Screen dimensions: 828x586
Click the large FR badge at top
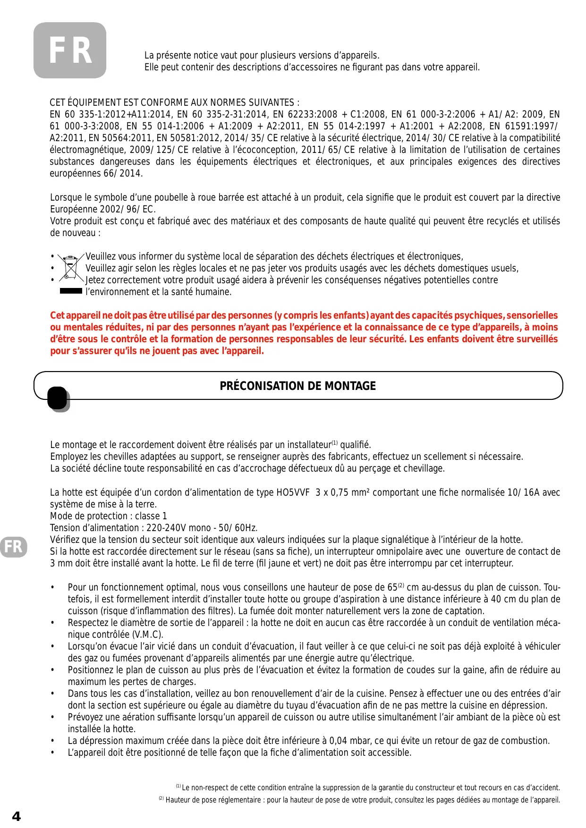[70, 51]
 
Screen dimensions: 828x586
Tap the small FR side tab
[13, 547]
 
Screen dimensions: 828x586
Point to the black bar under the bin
[71, 291]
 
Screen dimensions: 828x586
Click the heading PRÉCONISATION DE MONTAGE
[297, 386]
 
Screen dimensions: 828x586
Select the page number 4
[17, 816]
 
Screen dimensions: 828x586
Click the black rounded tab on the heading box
[58, 398]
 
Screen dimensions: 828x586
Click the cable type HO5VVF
[293, 492]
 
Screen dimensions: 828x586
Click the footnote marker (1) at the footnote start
[178, 786]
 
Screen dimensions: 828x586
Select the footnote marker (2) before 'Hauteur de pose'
[161, 799]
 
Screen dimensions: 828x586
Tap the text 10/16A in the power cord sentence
[523, 492]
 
